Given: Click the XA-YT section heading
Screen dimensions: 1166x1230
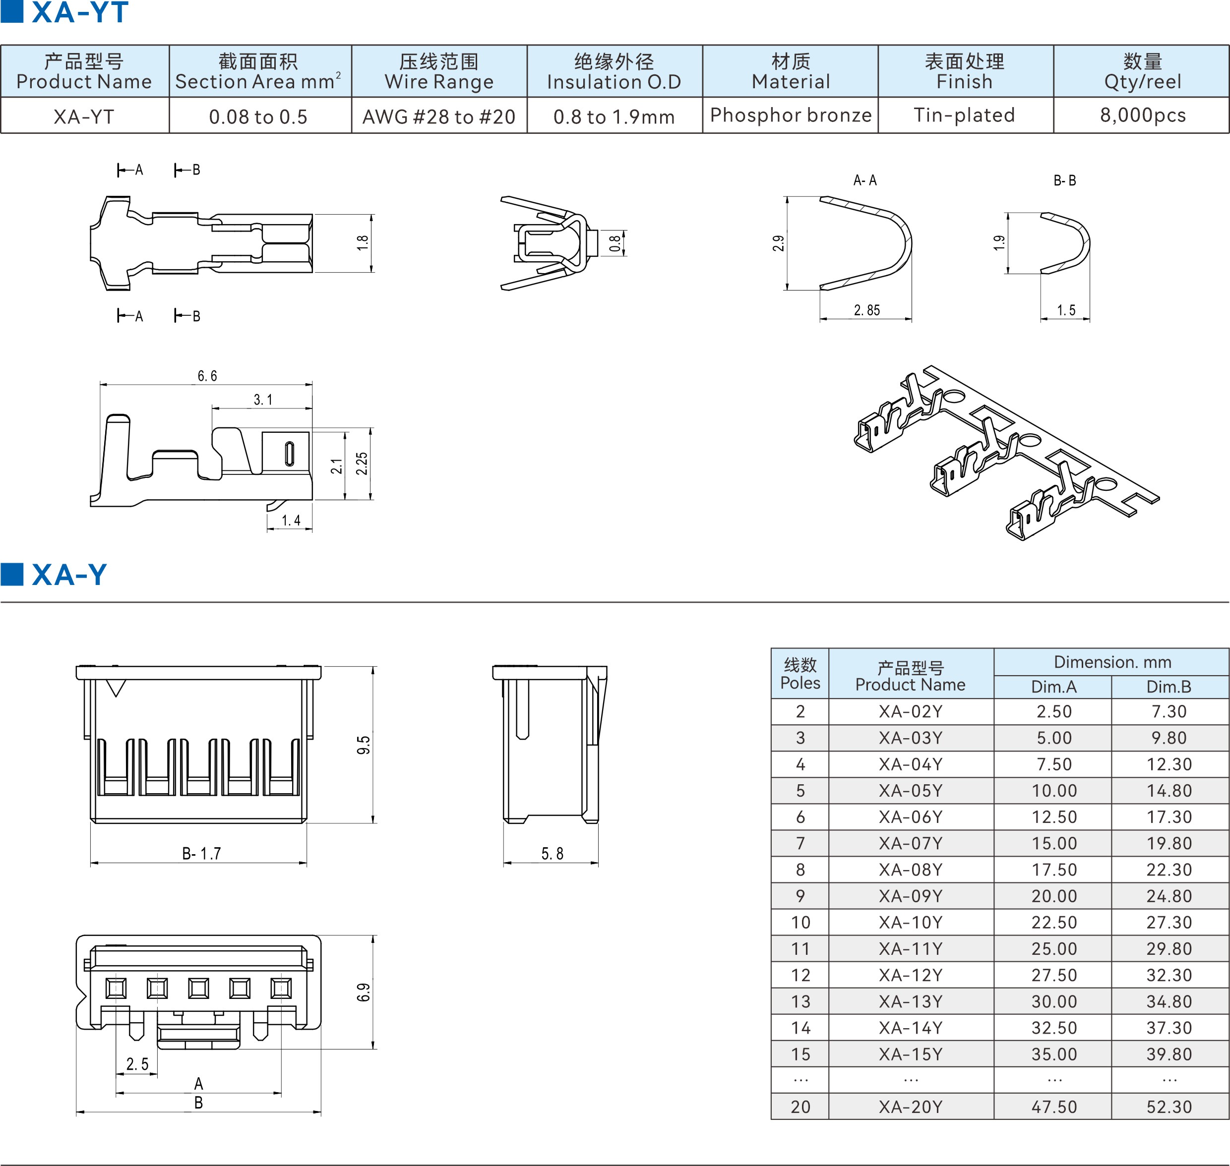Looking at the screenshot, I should [x=79, y=12].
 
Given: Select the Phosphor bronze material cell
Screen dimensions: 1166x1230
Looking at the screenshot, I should [x=791, y=115].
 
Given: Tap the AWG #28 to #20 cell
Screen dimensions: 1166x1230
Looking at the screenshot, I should [x=439, y=116].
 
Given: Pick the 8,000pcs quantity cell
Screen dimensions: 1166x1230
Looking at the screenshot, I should [x=1142, y=115].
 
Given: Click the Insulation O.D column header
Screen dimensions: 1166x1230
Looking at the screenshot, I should [x=615, y=71].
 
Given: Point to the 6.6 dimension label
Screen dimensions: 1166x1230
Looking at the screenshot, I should [x=207, y=376].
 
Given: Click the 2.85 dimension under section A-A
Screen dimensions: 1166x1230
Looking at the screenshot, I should [x=867, y=310].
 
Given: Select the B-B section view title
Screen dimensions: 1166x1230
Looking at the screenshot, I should [x=1064, y=181].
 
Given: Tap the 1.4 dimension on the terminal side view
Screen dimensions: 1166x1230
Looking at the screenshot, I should [x=291, y=520].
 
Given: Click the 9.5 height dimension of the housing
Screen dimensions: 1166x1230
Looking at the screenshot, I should [x=363, y=745].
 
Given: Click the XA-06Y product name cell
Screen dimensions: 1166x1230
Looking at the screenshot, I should [x=911, y=816].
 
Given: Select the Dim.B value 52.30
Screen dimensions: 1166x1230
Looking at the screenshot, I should [x=1169, y=1107].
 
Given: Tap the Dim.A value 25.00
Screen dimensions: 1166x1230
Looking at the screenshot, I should [x=1054, y=948].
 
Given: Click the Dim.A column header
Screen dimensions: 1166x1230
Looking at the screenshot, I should [x=1053, y=687].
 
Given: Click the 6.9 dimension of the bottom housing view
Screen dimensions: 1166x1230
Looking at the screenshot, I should [x=363, y=992].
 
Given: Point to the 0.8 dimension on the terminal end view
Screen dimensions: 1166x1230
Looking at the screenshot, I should [x=615, y=243].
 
